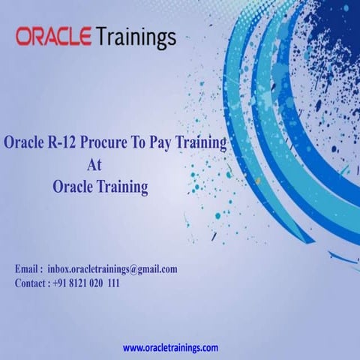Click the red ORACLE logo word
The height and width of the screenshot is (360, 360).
[53, 35]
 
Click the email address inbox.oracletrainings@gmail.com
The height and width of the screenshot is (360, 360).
[112, 268]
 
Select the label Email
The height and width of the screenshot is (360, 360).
[28, 268]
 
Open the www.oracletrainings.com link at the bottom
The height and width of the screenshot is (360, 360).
[170, 348]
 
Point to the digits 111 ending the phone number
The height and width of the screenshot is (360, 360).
[112, 283]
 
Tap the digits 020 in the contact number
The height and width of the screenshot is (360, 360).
[98, 283]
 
